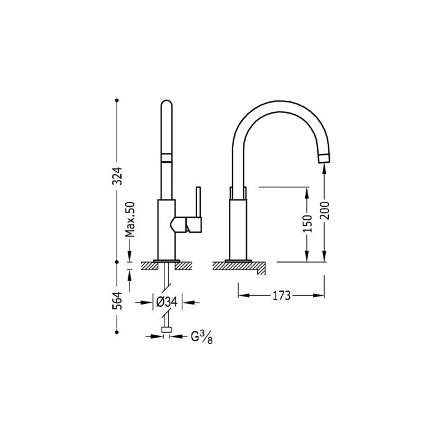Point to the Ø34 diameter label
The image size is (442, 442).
click(x=167, y=301)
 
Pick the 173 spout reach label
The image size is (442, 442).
click(x=281, y=296)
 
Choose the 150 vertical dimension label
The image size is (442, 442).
click(x=308, y=222)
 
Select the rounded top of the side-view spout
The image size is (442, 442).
click(x=166, y=106)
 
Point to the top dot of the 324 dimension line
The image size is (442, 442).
click(x=117, y=99)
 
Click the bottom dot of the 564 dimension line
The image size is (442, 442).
click(x=117, y=331)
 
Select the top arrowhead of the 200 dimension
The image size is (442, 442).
click(x=325, y=169)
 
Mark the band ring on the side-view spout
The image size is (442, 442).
click(x=166, y=157)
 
